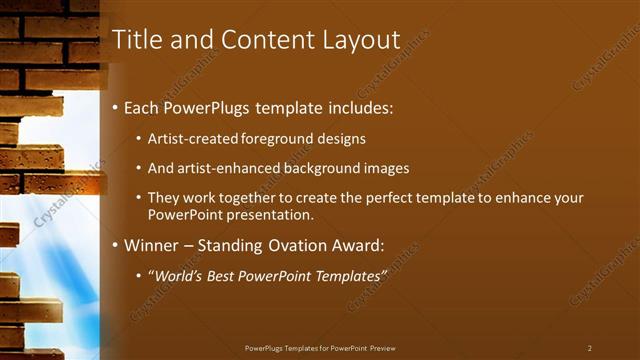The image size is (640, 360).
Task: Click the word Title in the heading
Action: pos(136,40)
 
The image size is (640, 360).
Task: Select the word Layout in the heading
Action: pos(361,40)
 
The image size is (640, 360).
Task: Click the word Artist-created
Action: pos(195,139)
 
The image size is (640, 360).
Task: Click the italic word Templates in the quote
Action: pos(347,273)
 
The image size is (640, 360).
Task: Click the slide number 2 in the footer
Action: pos(590,348)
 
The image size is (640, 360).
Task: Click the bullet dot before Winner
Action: pos(116,245)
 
